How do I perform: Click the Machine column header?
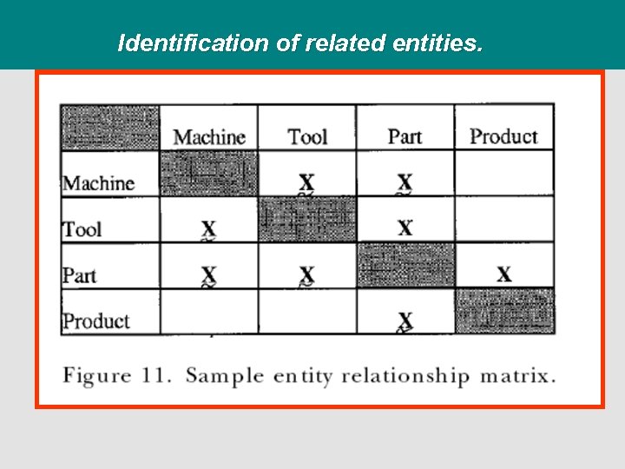click(209, 137)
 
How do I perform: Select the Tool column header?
click(307, 137)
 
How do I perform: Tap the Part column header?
click(405, 136)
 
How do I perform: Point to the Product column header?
click(503, 136)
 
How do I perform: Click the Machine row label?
click(98, 183)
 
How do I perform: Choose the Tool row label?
click(82, 229)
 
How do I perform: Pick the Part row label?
click(80, 275)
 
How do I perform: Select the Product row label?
click(96, 320)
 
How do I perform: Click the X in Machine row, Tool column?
click(306, 182)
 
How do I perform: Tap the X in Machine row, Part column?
click(405, 182)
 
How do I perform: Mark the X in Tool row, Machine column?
click(208, 228)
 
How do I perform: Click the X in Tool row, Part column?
click(405, 228)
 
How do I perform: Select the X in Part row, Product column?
click(503, 274)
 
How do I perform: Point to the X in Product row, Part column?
click(405, 320)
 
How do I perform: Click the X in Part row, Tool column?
click(306, 274)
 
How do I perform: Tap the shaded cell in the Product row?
click(504, 311)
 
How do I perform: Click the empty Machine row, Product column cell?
click(504, 174)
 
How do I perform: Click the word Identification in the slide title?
click(194, 43)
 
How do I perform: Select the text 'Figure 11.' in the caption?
click(117, 376)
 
